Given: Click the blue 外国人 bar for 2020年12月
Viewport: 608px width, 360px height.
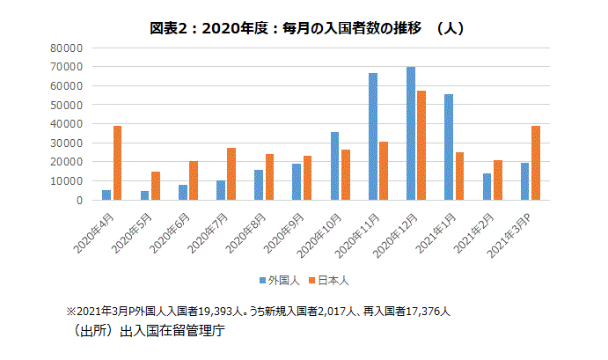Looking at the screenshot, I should pos(411,133).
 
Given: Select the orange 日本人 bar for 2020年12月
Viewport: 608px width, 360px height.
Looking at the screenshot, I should pos(421,145).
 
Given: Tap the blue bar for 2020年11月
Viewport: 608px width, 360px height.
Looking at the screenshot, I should pos(373,136).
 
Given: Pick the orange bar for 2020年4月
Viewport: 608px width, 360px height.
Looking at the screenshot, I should pos(117,163).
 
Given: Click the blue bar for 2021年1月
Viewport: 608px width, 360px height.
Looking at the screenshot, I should pos(449,147).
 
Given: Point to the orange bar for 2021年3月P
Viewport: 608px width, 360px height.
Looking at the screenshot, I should pos(536,163).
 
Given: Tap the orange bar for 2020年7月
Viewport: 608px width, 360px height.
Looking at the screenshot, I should pos(231,174).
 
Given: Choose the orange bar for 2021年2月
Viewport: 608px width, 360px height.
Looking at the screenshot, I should pos(498,180).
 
